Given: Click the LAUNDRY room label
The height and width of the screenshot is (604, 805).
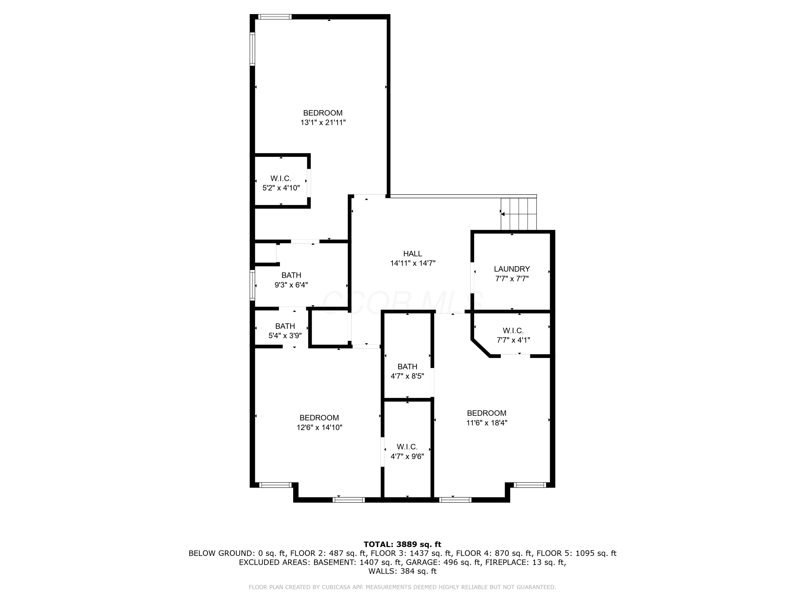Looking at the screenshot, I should tap(512, 269).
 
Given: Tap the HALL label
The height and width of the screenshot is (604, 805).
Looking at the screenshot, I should tap(412, 254).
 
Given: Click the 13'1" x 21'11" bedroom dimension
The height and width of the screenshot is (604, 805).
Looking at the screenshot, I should tap(323, 123).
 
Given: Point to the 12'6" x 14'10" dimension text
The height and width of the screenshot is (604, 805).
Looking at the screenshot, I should tap(319, 427).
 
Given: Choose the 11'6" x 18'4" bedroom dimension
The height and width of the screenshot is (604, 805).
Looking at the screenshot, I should tap(486, 423).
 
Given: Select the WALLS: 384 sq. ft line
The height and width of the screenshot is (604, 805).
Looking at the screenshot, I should tap(402, 571).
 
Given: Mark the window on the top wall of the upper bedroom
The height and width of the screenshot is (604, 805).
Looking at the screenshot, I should tap(275, 17).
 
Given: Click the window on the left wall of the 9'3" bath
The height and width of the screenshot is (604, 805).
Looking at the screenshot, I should tap(252, 285).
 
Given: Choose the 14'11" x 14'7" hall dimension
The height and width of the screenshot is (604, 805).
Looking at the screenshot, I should tap(413, 263).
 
